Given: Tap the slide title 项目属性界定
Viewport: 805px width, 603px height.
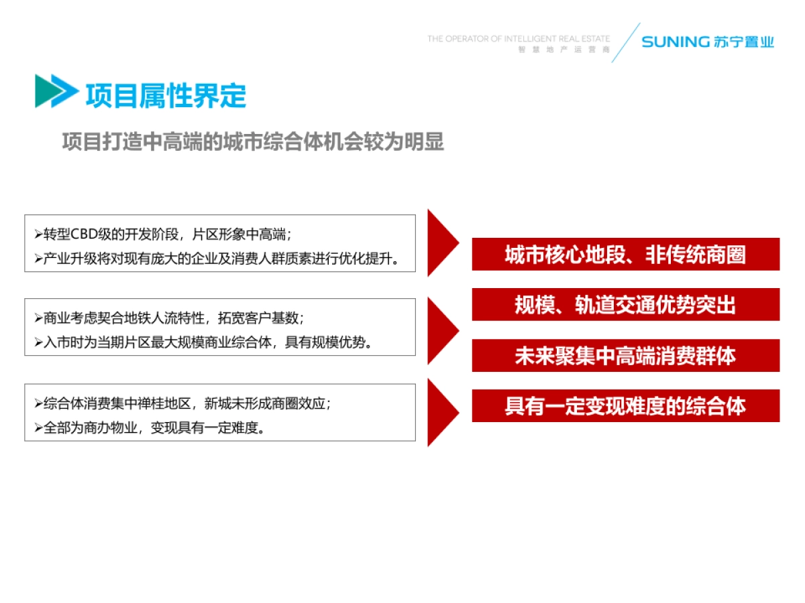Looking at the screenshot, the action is (166, 96).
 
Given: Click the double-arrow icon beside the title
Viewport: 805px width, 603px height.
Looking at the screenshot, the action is (57, 91).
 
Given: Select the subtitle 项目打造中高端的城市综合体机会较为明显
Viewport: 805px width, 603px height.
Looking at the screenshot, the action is (253, 141).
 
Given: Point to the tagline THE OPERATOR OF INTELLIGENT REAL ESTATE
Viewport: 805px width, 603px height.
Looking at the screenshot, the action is (519, 39).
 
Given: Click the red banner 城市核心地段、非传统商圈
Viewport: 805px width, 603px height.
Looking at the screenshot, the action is (625, 254).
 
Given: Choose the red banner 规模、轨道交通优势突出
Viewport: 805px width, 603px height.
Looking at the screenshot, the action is (625, 304).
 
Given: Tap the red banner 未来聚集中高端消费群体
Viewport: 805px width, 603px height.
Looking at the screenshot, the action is (625, 355).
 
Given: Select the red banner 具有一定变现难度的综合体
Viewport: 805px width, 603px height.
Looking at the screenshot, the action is (625, 405).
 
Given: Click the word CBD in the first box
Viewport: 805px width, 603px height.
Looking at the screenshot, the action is (84, 234).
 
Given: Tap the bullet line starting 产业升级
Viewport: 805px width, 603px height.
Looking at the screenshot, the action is (217, 259).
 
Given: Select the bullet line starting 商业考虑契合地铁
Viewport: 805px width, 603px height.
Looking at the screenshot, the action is (169, 318).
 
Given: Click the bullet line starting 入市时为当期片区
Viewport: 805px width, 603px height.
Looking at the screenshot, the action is (203, 342).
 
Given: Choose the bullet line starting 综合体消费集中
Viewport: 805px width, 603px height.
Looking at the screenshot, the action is (182, 403).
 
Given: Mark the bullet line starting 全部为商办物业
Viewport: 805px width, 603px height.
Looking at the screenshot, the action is (150, 427).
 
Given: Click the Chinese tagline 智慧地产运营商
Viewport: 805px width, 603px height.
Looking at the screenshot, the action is (563, 50).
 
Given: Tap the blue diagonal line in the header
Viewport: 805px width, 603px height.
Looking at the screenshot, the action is (626, 43).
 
